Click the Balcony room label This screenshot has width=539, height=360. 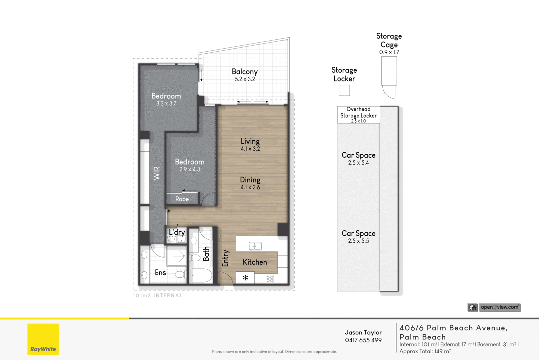245,71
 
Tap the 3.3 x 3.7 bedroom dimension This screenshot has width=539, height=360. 166,103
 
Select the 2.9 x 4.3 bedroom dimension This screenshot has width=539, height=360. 190,169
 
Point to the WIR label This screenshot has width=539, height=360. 157,173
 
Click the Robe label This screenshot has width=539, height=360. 182,199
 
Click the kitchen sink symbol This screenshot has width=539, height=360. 255,246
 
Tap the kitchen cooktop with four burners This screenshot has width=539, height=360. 270,279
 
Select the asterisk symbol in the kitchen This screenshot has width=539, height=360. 245,278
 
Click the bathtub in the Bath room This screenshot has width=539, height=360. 201,275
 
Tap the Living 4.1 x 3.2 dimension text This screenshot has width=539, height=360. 250,149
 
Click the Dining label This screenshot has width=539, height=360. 250,180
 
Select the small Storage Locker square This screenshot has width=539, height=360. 344,90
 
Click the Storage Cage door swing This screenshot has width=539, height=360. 390,92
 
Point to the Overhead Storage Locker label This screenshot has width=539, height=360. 358,113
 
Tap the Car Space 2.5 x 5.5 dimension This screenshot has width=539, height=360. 358,241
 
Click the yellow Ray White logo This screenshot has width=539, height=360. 43,339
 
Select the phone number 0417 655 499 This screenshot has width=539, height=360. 363,340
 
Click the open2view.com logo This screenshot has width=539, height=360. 500,307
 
